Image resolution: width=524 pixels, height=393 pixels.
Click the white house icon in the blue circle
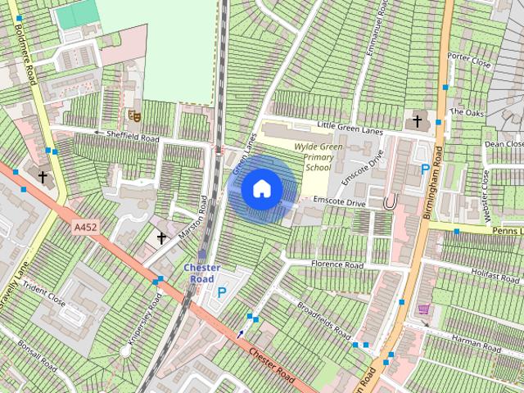[x=261, y=188]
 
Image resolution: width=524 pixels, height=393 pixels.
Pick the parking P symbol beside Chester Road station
[x=221, y=292]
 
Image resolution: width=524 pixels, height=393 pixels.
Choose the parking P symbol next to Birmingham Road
[x=424, y=169]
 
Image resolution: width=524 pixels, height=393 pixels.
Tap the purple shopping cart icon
[x=423, y=309]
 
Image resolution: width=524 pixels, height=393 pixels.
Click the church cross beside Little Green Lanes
[x=417, y=122]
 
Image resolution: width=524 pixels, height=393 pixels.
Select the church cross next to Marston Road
[x=161, y=238]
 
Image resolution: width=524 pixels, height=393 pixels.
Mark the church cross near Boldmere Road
[x=42, y=176]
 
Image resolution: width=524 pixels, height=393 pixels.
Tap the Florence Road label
[x=337, y=264]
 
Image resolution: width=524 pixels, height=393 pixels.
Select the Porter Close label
[x=469, y=61]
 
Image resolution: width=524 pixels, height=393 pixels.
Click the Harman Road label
[x=475, y=345]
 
